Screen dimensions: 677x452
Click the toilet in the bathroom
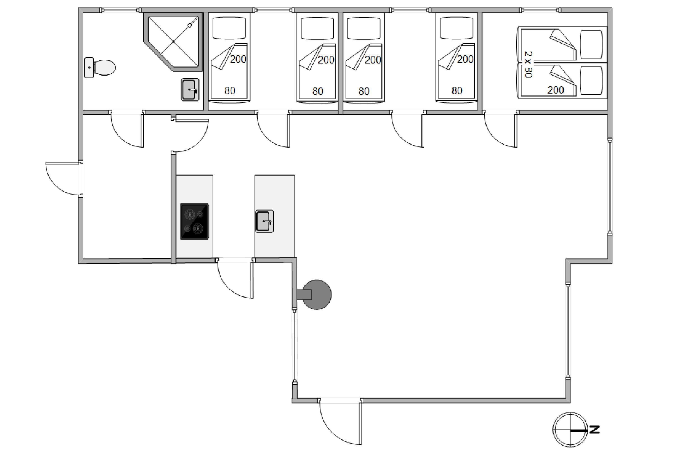[100, 68]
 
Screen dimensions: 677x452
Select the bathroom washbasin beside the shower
[190, 90]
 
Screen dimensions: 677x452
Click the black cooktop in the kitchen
[195, 221]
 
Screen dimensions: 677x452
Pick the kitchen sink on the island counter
[264, 221]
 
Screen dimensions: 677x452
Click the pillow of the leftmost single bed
[229, 28]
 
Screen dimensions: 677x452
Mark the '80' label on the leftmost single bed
[230, 91]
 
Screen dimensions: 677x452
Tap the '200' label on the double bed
[556, 90]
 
